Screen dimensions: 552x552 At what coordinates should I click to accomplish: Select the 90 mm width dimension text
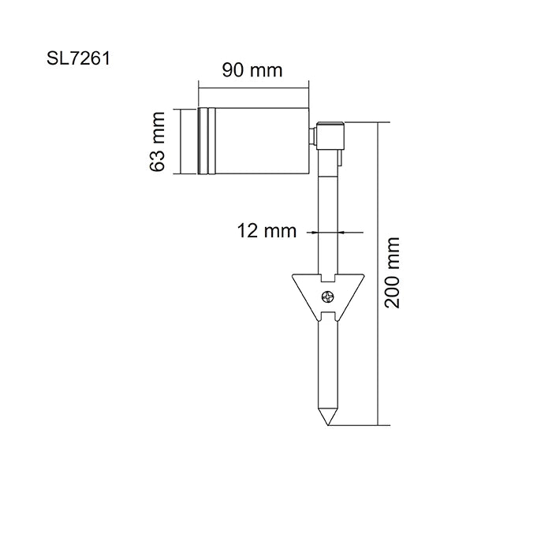coord(252,70)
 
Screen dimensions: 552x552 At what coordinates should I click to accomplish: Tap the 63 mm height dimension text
coord(158,141)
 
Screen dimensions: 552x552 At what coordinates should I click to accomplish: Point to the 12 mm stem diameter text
coord(267,231)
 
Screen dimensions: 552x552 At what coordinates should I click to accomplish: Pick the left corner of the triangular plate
coord(293,276)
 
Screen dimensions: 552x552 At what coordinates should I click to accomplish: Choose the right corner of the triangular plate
coord(364,276)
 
